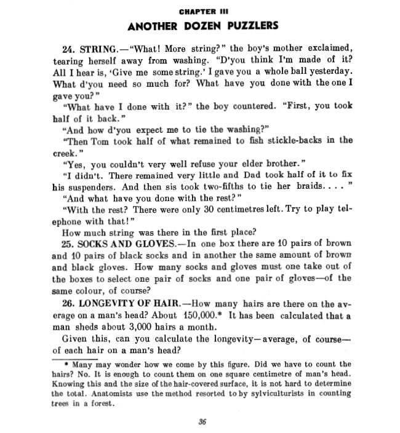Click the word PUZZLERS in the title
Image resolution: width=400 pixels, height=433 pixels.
point(249,26)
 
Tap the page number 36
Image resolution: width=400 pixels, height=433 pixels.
point(202,421)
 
